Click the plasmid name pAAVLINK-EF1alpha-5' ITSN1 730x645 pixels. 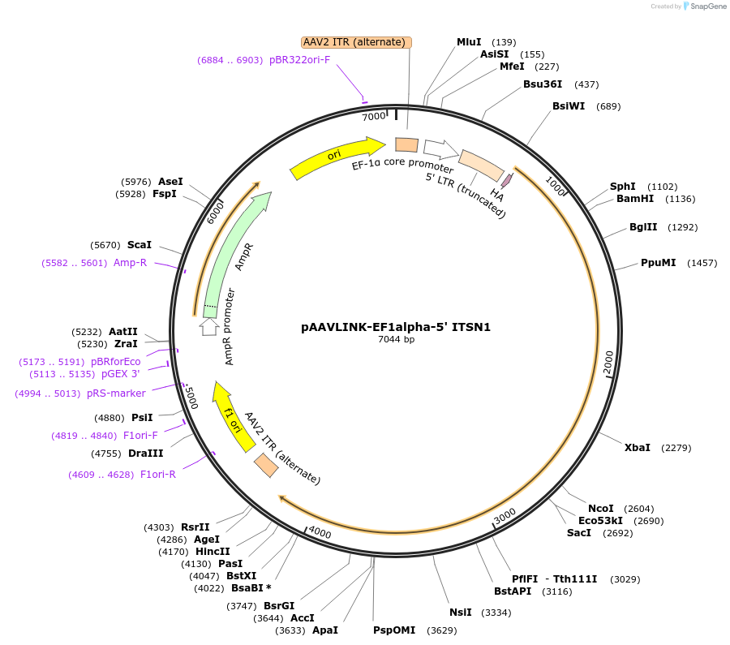tap(396, 327)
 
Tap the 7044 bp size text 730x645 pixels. tap(396, 340)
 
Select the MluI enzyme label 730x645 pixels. tap(469, 41)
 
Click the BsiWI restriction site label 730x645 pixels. tap(569, 106)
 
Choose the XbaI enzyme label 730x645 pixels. tap(637, 448)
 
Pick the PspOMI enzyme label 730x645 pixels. tap(393, 630)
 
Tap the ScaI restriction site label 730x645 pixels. tap(140, 245)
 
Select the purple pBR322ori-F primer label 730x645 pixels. tap(299, 60)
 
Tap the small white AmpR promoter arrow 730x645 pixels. tap(209, 326)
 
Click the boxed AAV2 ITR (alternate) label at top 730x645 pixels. tap(357, 42)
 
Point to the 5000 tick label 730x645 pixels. tap(191, 398)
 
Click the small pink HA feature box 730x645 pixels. tap(508, 180)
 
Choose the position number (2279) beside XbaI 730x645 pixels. tap(676, 448)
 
